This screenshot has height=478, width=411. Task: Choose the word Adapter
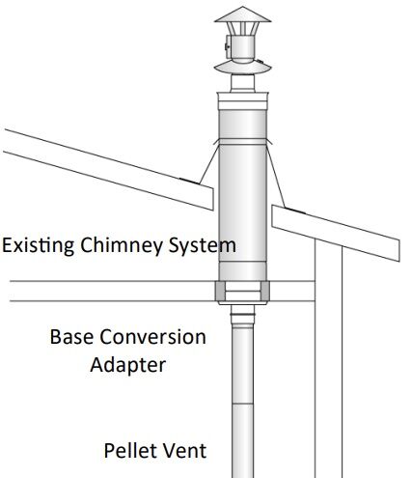pos(127,365)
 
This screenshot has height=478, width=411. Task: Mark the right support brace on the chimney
pos(275,169)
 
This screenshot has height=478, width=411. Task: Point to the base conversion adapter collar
pos(241,293)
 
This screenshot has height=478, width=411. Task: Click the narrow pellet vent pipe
pos(241,406)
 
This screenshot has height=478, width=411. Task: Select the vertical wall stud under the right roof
pos(329,367)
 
